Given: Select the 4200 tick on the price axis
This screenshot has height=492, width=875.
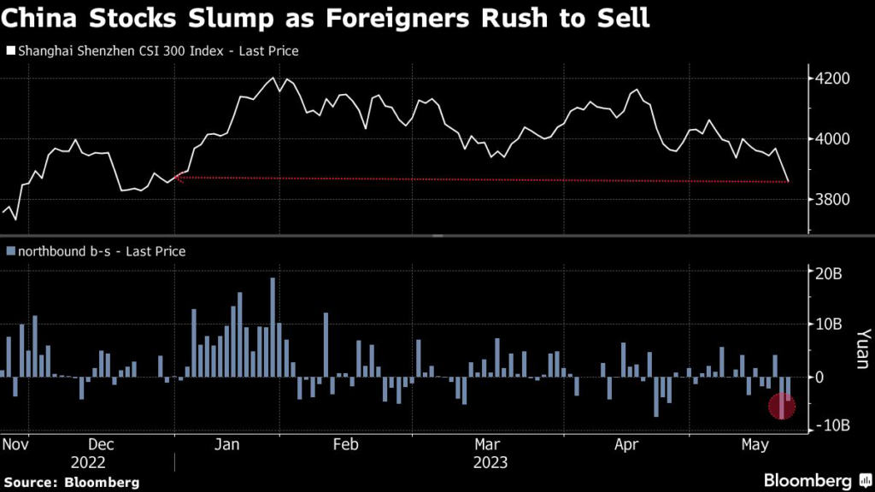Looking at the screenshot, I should coord(833,79).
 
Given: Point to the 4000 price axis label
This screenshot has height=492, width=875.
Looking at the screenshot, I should coord(833,139).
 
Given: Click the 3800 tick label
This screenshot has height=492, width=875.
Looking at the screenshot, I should coord(833,200).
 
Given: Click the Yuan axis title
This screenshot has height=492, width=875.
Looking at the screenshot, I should coord(860,350).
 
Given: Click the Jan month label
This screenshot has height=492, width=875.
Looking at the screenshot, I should coord(227,444).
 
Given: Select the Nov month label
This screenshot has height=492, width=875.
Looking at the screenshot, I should coord(17,444).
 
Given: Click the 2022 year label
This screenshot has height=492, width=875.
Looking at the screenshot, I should coord(88,462).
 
